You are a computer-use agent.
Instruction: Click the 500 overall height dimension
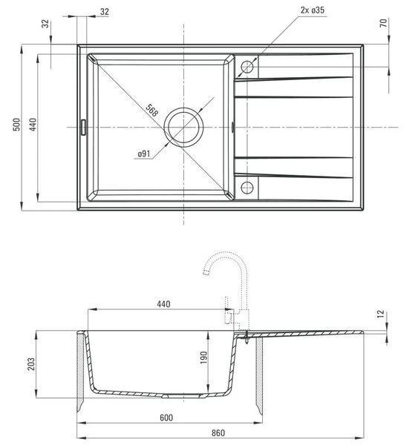[17, 125]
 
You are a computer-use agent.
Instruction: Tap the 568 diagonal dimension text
[151, 110]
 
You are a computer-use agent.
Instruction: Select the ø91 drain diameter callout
[144, 154]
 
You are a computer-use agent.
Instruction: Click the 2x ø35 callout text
[313, 10]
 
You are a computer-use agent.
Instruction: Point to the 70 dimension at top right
[384, 23]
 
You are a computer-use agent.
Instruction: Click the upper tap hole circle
[247, 67]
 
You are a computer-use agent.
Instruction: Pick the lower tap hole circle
[247, 188]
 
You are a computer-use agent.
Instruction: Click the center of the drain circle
[183, 128]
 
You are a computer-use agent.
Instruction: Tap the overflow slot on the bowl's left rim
[83, 127]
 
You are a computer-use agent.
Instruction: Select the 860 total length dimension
[218, 433]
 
